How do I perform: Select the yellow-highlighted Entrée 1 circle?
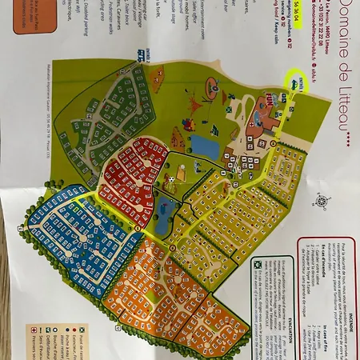297,82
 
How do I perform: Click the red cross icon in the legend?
32,328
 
